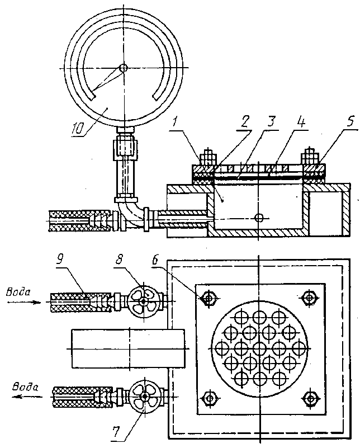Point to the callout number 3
[270, 122]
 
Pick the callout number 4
[301, 122]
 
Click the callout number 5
[350, 121]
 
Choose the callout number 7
[116, 432]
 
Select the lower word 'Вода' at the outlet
[26, 388]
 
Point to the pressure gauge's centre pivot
[124, 68]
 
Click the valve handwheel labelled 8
[143, 300]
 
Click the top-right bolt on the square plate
[309, 298]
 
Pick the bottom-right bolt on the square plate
[310, 398]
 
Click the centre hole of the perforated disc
[260, 348]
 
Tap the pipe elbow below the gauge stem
[130, 213]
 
